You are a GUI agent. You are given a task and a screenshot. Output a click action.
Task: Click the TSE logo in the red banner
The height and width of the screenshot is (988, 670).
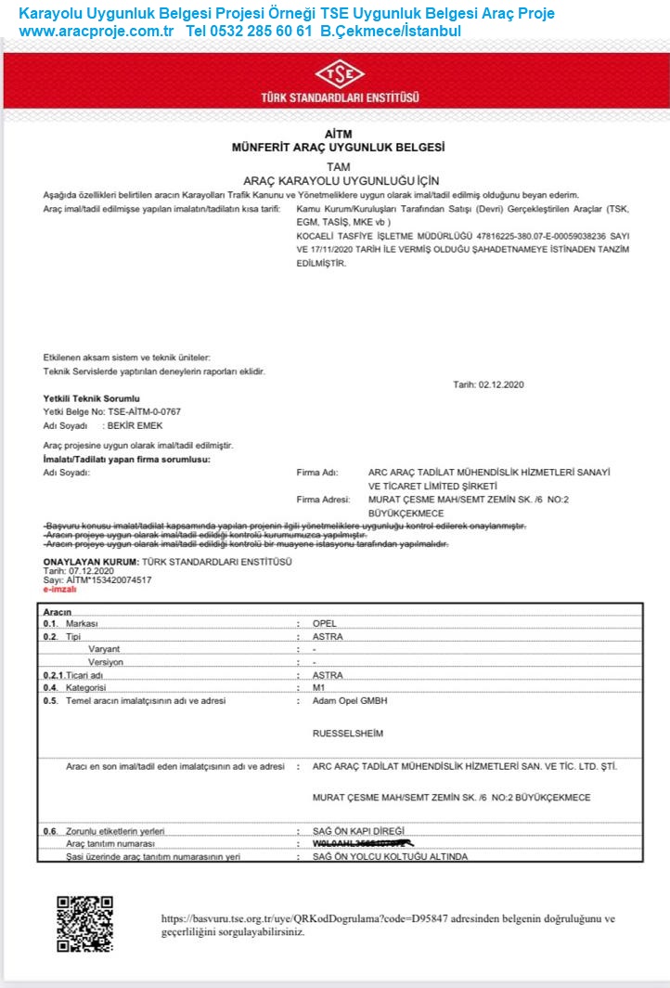point(341,75)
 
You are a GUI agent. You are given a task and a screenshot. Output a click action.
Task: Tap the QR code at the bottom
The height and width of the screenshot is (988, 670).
point(84,924)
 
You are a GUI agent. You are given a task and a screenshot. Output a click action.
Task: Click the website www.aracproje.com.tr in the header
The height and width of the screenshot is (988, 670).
point(97,31)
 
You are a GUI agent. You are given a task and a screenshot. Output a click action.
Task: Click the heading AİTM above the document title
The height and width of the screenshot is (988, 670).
point(339,135)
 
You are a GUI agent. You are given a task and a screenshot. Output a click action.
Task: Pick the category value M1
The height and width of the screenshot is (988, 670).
point(320,688)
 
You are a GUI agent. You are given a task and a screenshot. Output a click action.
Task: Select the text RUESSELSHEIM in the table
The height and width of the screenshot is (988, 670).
point(348,733)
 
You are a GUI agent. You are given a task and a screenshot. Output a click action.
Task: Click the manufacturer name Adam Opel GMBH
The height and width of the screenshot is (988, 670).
point(350,701)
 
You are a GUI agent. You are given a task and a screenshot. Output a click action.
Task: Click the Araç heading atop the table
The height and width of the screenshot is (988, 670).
point(58,611)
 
